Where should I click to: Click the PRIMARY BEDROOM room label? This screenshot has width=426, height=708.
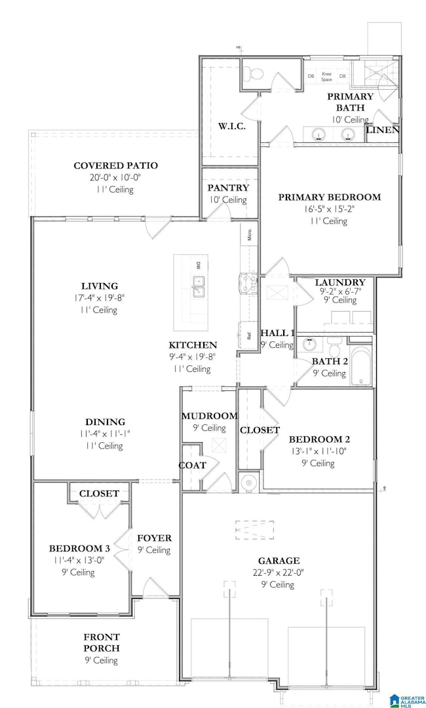(x=329, y=196)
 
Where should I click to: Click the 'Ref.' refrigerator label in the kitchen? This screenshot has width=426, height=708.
(x=250, y=335)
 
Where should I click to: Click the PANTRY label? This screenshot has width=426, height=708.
(x=228, y=188)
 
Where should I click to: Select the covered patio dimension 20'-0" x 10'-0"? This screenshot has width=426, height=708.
(x=116, y=177)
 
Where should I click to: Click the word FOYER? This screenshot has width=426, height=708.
(x=154, y=538)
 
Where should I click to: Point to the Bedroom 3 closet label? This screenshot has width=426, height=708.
(x=99, y=493)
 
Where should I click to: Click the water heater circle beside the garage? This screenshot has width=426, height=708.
(x=248, y=483)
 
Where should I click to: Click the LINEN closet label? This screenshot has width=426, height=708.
(x=383, y=130)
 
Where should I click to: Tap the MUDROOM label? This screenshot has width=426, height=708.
(x=209, y=416)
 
